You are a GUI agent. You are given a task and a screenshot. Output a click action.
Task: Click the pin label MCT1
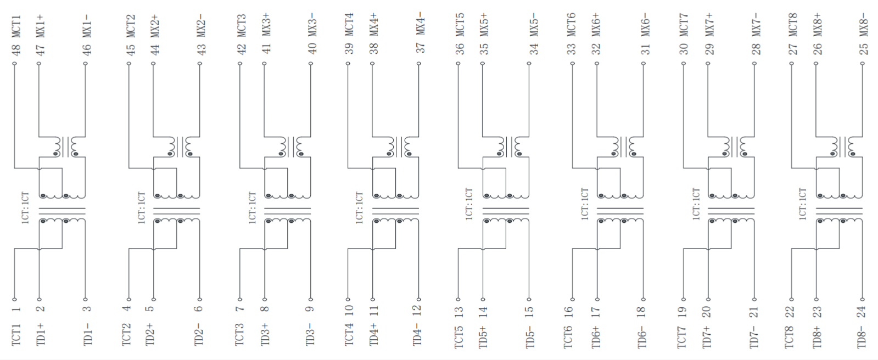click(x=16, y=27)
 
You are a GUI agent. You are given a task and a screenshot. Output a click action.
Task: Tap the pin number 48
click(x=16, y=50)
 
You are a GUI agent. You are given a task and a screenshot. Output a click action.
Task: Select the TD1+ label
click(x=41, y=335)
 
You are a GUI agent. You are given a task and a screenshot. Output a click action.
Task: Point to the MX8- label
click(x=864, y=25)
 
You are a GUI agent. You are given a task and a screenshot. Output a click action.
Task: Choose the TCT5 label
click(x=458, y=337)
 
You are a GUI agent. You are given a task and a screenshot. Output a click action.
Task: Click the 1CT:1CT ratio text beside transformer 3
click(x=252, y=207)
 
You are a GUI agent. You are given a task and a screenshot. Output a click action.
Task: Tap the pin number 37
click(x=420, y=48)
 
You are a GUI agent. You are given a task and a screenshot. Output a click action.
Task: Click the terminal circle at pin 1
click(x=14, y=300)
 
